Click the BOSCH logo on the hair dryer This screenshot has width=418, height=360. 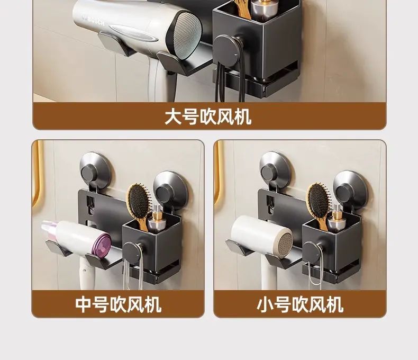point(94,21)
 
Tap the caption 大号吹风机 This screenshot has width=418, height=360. point(208,117)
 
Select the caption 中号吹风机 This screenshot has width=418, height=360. point(118,304)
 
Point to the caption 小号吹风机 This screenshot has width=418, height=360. point(300,304)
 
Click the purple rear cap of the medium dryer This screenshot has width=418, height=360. point(102,244)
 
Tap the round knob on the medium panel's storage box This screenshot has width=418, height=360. point(132,251)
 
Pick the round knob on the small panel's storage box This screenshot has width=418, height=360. point(312,251)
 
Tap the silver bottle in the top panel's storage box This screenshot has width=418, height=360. point(263,10)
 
